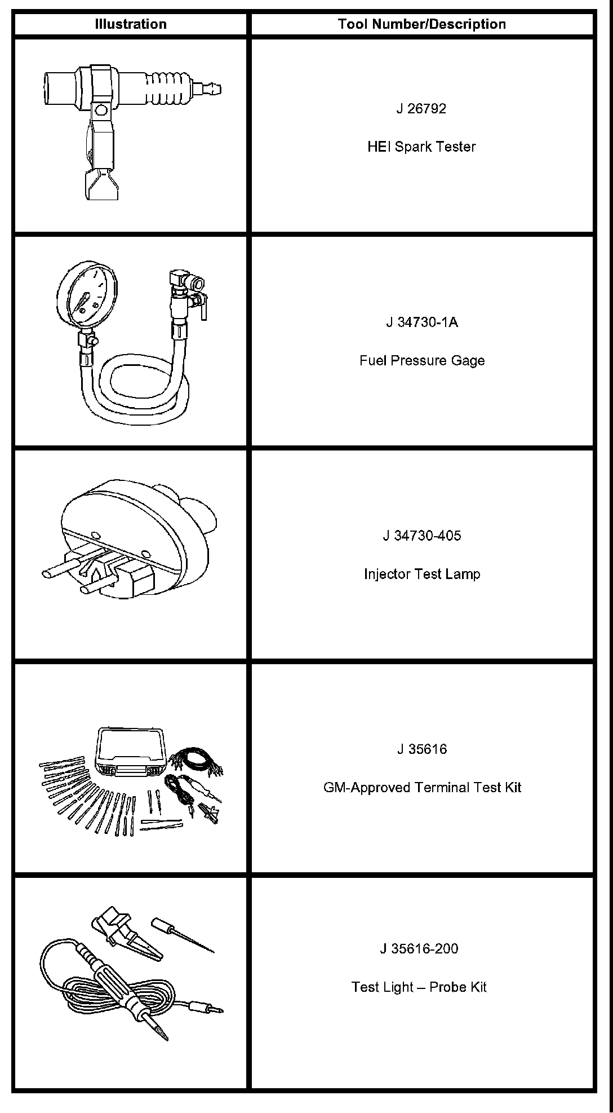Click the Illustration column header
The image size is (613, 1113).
131,24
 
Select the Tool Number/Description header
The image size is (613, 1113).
421,24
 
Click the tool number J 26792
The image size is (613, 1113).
421,109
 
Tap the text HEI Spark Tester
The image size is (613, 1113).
421,147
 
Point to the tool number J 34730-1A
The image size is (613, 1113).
421,323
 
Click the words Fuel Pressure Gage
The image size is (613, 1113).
421,360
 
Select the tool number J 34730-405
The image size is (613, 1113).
421,536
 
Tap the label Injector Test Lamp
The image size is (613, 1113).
421,574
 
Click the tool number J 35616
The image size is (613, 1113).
421,749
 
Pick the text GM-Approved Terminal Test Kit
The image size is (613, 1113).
421,787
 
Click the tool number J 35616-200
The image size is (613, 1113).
419,948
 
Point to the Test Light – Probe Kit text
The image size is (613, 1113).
419,987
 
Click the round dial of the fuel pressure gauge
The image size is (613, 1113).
84,294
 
